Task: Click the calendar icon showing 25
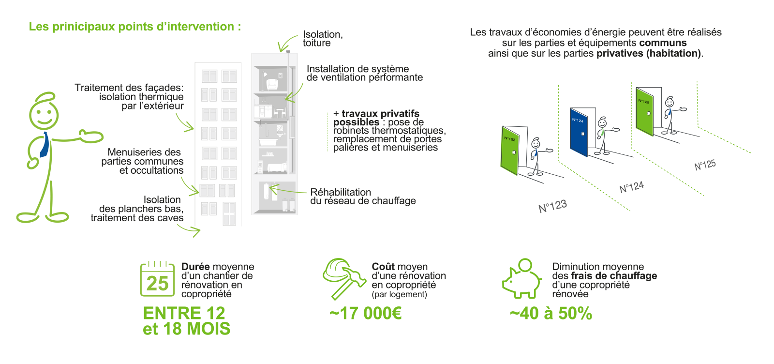click(157, 279)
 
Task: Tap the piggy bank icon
click(522, 279)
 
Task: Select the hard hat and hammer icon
click(344, 279)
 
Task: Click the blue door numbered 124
click(579, 133)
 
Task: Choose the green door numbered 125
click(645, 112)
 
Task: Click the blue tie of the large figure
click(45, 145)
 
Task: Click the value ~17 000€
click(366, 314)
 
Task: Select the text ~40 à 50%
click(551, 314)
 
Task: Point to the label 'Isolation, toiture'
click(323, 39)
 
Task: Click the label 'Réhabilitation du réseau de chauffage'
click(363, 197)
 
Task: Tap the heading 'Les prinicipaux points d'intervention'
click(135, 27)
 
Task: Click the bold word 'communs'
click(663, 43)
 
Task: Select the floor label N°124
click(632, 187)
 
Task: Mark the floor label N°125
click(705, 165)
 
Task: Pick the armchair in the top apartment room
click(272, 85)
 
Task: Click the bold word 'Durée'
click(195, 267)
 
